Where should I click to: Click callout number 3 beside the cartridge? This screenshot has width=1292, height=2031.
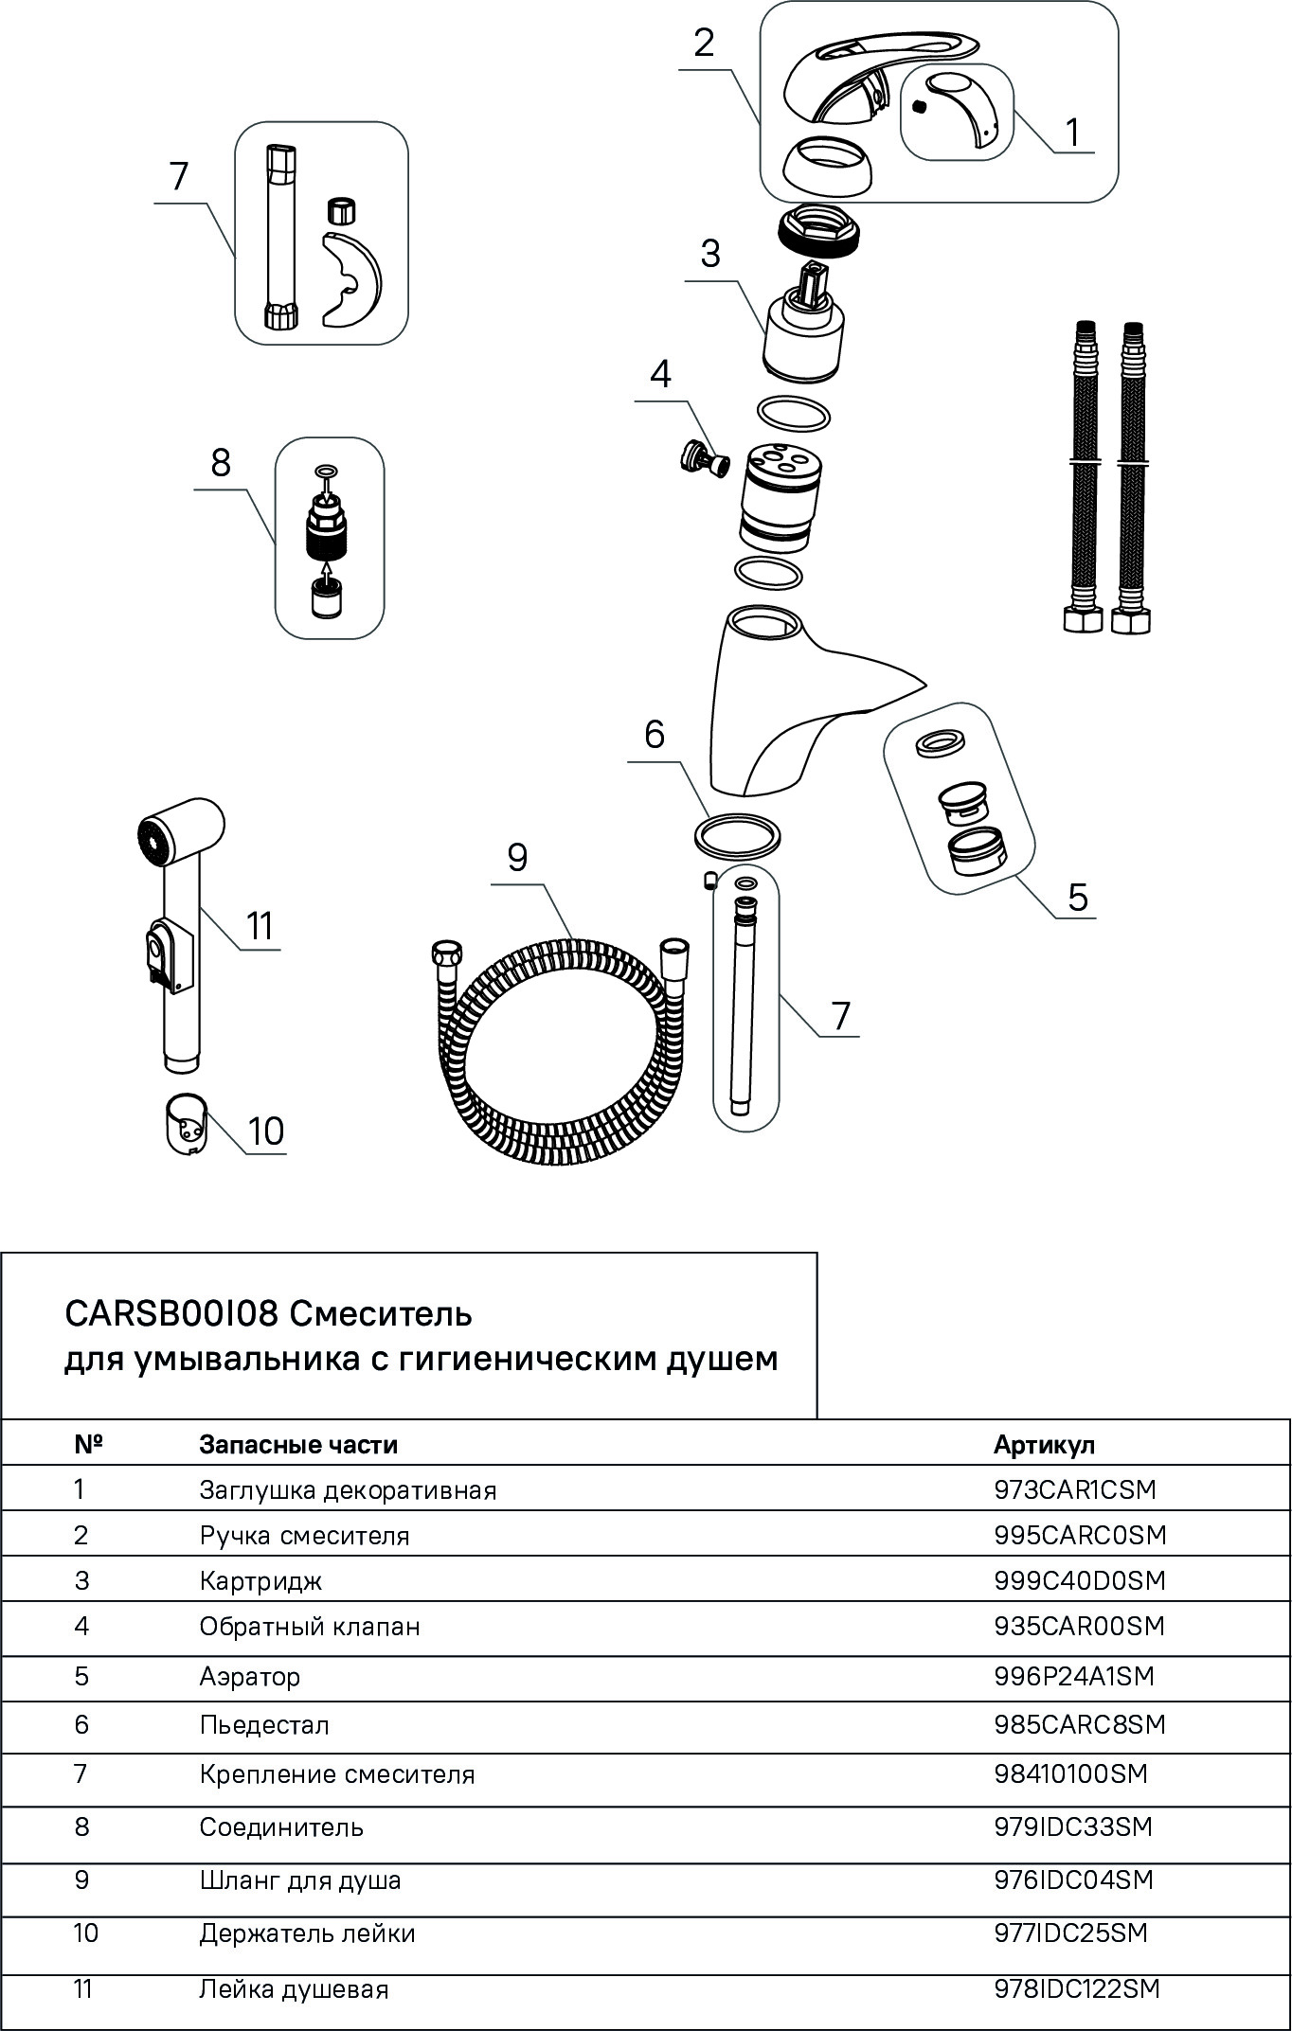pos(709,254)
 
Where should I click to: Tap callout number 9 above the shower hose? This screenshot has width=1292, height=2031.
pos(517,858)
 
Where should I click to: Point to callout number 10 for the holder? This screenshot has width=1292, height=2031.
pos(266,1131)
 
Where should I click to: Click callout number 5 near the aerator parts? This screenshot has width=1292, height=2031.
pos(1078,896)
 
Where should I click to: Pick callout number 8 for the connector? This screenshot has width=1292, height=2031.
pos(221,463)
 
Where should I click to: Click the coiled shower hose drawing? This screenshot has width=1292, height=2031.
pos(559,1051)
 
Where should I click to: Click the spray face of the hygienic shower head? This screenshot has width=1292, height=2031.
pos(152,839)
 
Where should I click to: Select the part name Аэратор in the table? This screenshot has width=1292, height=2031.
pos(250,1677)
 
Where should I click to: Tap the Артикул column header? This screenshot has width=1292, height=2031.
pos(1044,1445)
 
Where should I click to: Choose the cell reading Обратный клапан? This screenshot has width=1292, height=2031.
pos(310,1627)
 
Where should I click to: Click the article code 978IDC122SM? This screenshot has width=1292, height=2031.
pos(1077,1990)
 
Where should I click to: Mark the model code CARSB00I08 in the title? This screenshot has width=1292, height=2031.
pos(170,1314)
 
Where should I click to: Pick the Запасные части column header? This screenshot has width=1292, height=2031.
pos(298,1445)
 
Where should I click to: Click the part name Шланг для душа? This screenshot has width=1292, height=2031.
pos(300,1880)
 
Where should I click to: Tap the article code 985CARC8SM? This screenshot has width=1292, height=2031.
pos(1080,1725)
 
